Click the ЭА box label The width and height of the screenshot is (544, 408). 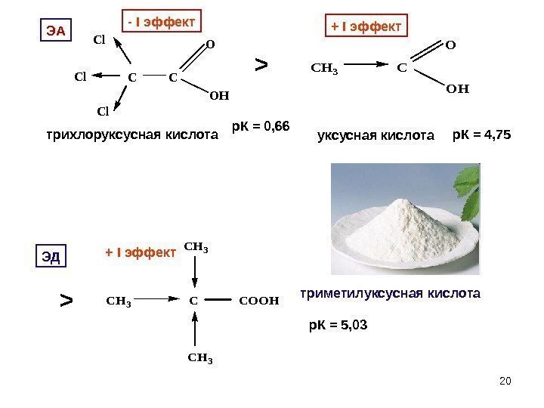pyautogui.click(x=54, y=30)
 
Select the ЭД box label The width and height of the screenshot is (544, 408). pyautogui.click(x=51, y=257)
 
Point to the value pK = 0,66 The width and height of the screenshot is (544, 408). pyautogui.click(x=261, y=123)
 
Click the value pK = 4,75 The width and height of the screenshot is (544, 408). pyautogui.click(x=481, y=134)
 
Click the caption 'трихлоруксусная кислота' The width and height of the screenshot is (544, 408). pyautogui.click(x=131, y=136)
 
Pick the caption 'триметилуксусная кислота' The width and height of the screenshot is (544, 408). pyautogui.click(x=390, y=291)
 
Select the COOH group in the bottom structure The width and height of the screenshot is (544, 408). pyautogui.click(x=258, y=300)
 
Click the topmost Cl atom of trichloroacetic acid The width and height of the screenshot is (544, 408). pyautogui.click(x=98, y=39)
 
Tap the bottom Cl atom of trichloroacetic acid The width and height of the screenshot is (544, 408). pyautogui.click(x=104, y=113)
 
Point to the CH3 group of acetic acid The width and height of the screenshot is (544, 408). pyautogui.click(x=325, y=70)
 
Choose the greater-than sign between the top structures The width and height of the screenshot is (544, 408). pyautogui.click(x=261, y=66)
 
